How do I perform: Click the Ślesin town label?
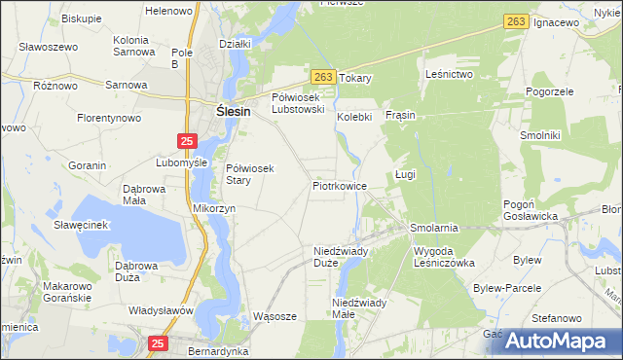(231, 112)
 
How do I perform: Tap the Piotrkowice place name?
(340, 185)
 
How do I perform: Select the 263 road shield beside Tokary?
(324, 77)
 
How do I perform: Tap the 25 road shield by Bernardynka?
(159, 342)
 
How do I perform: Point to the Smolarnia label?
(434, 227)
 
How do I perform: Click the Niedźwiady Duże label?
(340, 256)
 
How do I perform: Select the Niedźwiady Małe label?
(359, 308)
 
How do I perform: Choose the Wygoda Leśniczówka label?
(444, 257)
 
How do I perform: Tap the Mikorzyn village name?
(214, 208)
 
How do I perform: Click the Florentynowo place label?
(110, 118)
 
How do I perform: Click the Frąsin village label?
(400, 115)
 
